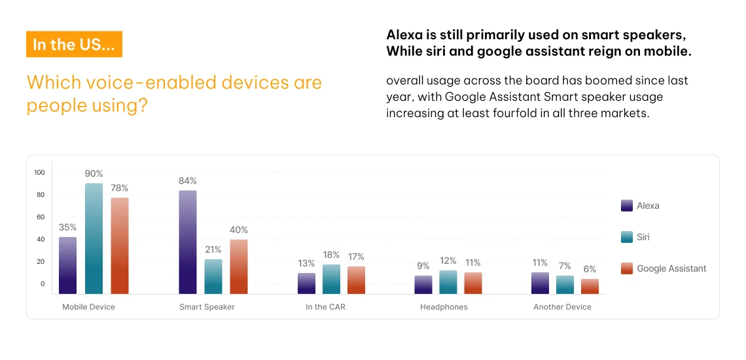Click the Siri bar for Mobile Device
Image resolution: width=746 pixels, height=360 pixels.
click(94, 239)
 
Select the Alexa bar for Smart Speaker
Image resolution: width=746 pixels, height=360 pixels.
click(187, 242)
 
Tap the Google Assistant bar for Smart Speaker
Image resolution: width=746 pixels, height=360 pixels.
click(239, 266)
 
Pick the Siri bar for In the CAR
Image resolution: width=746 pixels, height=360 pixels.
click(331, 279)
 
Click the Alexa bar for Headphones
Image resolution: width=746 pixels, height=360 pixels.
click(423, 284)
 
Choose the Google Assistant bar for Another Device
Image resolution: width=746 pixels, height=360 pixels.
click(590, 286)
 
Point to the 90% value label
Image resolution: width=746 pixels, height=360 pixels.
click(94, 174)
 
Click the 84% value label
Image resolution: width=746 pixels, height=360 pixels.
click(188, 181)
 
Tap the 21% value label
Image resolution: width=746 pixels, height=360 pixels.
click(213, 249)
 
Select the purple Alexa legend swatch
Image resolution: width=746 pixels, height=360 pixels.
click(626, 206)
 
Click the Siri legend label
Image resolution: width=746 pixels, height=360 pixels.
click(643, 237)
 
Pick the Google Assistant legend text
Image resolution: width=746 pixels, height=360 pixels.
click(671, 268)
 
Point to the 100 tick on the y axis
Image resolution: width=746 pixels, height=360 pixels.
click(39, 173)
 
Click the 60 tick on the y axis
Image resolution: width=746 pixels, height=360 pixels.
click(41, 217)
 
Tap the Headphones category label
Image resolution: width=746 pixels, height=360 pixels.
click(444, 307)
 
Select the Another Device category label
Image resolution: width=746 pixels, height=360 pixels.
click(562, 307)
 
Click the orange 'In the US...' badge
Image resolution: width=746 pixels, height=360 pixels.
click(74, 45)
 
